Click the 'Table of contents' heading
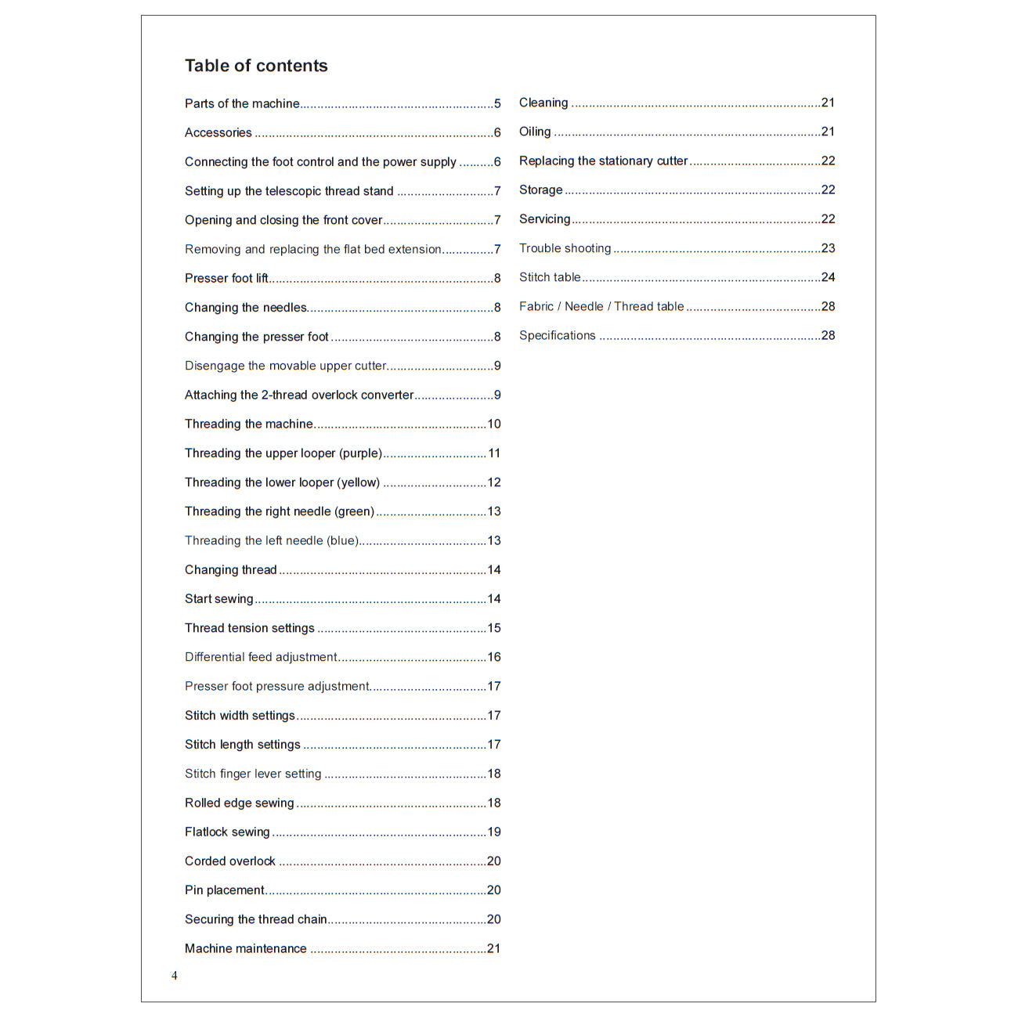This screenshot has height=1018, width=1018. (x=256, y=66)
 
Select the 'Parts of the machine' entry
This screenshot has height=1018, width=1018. (x=242, y=103)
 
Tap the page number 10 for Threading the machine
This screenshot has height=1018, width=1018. (x=494, y=424)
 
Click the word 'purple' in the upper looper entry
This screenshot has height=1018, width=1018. (x=360, y=453)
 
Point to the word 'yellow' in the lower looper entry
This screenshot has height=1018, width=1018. (x=358, y=482)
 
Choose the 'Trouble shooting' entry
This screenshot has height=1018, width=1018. (x=565, y=248)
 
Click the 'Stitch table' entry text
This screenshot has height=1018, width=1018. (x=550, y=277)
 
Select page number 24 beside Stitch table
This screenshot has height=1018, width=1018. (x=828, y=277)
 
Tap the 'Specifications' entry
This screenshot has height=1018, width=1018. (x=557, y=335)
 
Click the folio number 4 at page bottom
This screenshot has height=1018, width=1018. (x=175, y=976)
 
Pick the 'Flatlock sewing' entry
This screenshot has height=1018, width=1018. (x=227, y=832)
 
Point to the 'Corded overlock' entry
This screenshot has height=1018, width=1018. (x=230, y=861)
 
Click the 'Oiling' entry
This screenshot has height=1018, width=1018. (x=535, y=132)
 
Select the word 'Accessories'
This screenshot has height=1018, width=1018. (x=218, y=132)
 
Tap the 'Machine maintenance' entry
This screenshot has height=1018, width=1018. (x=246, y=948)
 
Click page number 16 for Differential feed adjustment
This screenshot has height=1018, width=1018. (x=494, y=657)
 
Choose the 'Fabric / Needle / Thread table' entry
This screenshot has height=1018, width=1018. (x=601, y=306)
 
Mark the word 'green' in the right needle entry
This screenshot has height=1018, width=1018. (x=355, y=511)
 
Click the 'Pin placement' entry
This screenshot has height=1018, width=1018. (x=225, y=890)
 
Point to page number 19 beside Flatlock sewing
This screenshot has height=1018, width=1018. (x=494, y=832)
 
